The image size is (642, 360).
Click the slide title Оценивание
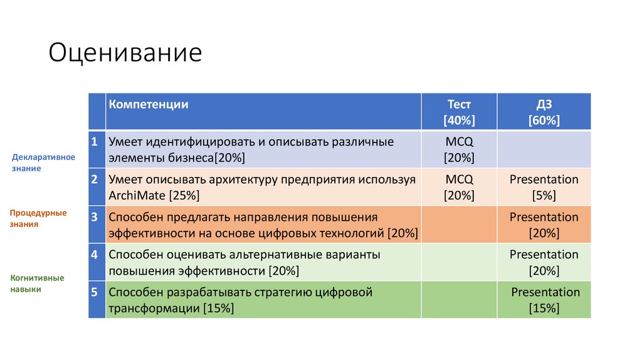[125, 53]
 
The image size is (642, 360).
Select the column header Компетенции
[149, 105]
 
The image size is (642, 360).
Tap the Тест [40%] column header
[459, 112]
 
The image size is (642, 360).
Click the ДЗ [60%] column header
[544, 112]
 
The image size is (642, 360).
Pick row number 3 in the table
[94, 218]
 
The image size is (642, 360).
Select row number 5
[94, 293]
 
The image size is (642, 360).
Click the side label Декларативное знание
[44, 162]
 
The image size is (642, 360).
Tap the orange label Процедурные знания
[38, 218]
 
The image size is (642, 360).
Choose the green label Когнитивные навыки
[38, 283]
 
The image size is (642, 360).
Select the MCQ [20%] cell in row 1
[459, 149]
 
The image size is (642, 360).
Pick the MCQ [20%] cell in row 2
[459, 187]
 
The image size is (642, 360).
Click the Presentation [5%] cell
[544, 187]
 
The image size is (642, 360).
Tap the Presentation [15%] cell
[545, 300]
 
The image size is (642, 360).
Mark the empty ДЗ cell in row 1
[544, 149]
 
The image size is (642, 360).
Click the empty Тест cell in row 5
[459, 300]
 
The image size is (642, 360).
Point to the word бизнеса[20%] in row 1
[206, 158]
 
